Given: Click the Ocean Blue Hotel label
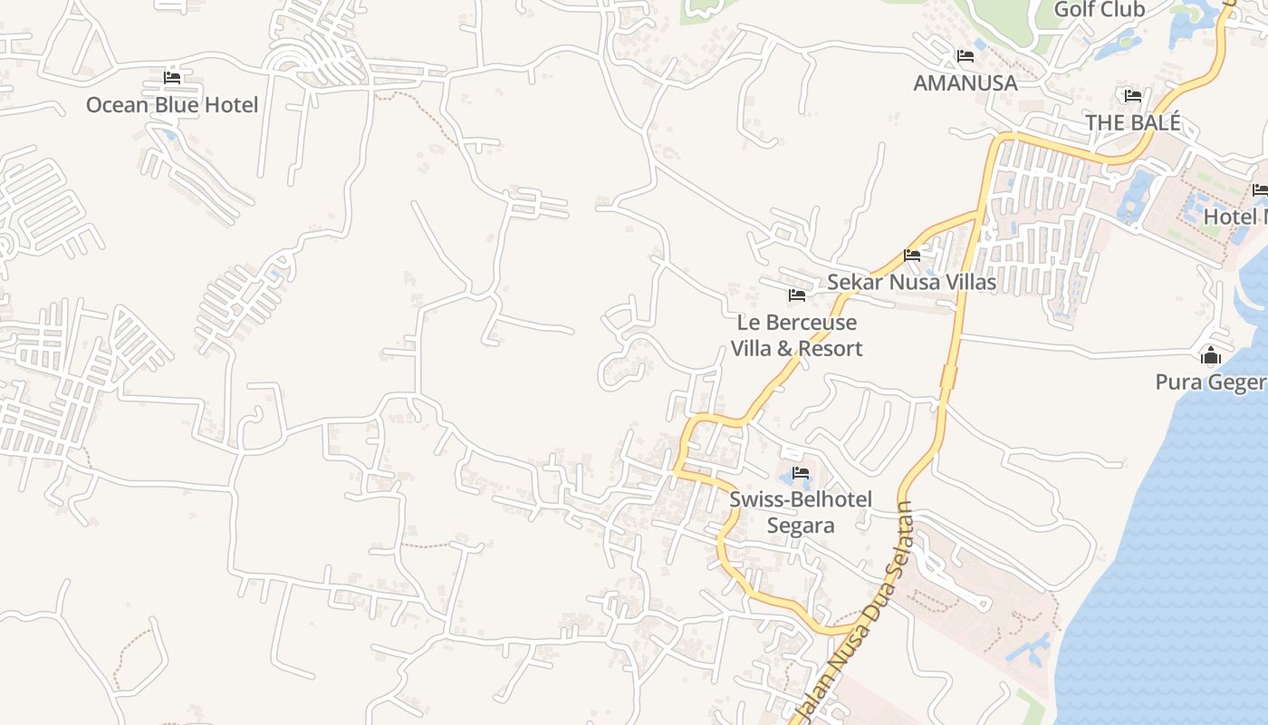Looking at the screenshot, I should pyautogui.click(x=172, y=105).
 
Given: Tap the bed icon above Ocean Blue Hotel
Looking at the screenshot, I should pyautogui.click(x=172, y=78).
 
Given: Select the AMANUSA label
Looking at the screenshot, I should pyautogui.click(x=965, y=83).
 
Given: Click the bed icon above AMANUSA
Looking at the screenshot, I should pyautogui.click(x=965, y=56).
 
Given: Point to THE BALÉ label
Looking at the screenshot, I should pyautogui.click(x=1132, y=122).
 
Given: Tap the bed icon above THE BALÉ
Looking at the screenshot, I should pyautogui.click(x=1132, y=96).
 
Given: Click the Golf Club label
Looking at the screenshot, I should pyautogui.click(x=1100, y=10).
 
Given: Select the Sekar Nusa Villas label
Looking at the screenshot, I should pyautogui.click(x=911, y=283).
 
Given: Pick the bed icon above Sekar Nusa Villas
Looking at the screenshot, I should pyautogui.click(x=912, y=256).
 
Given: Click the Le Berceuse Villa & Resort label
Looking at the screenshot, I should pyautogui.click(x=797, y=335).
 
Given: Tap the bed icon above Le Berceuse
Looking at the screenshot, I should pyautogui.click(x=797, y=295).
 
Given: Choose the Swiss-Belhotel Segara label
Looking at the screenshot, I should pyautogui.click(x=801, y=512).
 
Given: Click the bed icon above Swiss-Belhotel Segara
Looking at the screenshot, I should pyautogui.click(x=801, y=473).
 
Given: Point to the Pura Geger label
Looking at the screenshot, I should pyautogui.click(x=1211, y=382).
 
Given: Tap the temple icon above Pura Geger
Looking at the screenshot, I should pyautogui.click(x=1211, y=355).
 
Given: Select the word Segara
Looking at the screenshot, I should pyautogui.click(x=801, y=526).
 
